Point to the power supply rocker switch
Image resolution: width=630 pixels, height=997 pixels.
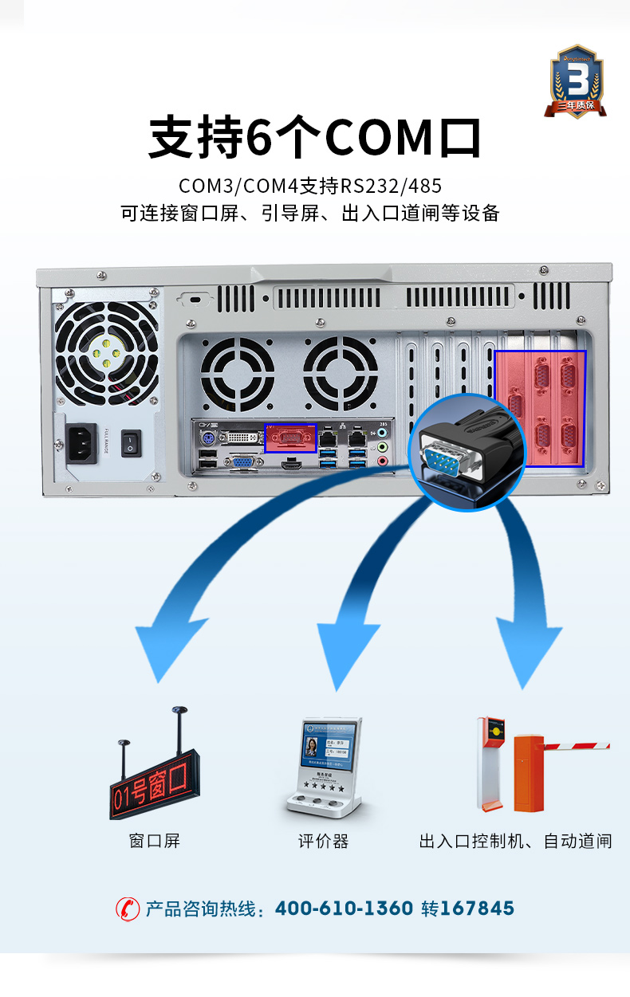(x=131, y=443)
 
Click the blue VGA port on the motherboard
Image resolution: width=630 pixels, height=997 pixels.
(x=243, y=461)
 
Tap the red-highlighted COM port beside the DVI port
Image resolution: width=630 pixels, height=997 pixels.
(x=290, y=438)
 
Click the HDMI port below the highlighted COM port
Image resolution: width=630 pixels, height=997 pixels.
(x=292, y=463)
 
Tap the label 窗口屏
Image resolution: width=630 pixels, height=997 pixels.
(x=155, y=841)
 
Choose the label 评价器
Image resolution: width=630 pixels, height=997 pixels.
(x=323, y=841)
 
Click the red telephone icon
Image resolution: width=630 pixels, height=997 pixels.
(x=128, y=909)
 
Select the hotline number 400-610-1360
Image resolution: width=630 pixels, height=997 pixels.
(x=344, y=909)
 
